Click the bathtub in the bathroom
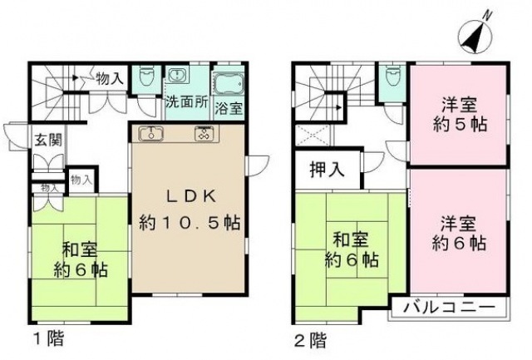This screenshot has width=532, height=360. (x=229, y=83)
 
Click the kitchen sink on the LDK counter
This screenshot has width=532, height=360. (x=150, y=133)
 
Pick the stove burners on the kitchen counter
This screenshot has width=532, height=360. (x=204, y=133)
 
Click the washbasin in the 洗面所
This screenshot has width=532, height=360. (x=177, y=77)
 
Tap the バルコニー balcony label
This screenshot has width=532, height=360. (x=449, y=308)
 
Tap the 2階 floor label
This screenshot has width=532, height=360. (x=308, y=338)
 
